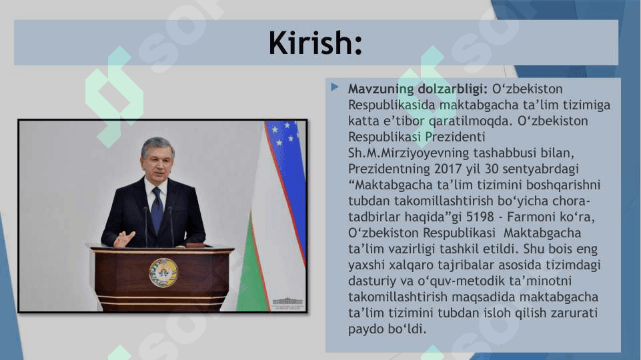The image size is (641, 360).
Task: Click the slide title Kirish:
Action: (315, 43)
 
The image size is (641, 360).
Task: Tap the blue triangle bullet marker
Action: (334, 87)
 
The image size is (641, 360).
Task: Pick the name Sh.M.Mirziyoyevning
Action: (408, 153)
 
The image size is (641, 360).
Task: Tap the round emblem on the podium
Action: (163, 273)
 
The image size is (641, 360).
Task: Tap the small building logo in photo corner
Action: (288, 303)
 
